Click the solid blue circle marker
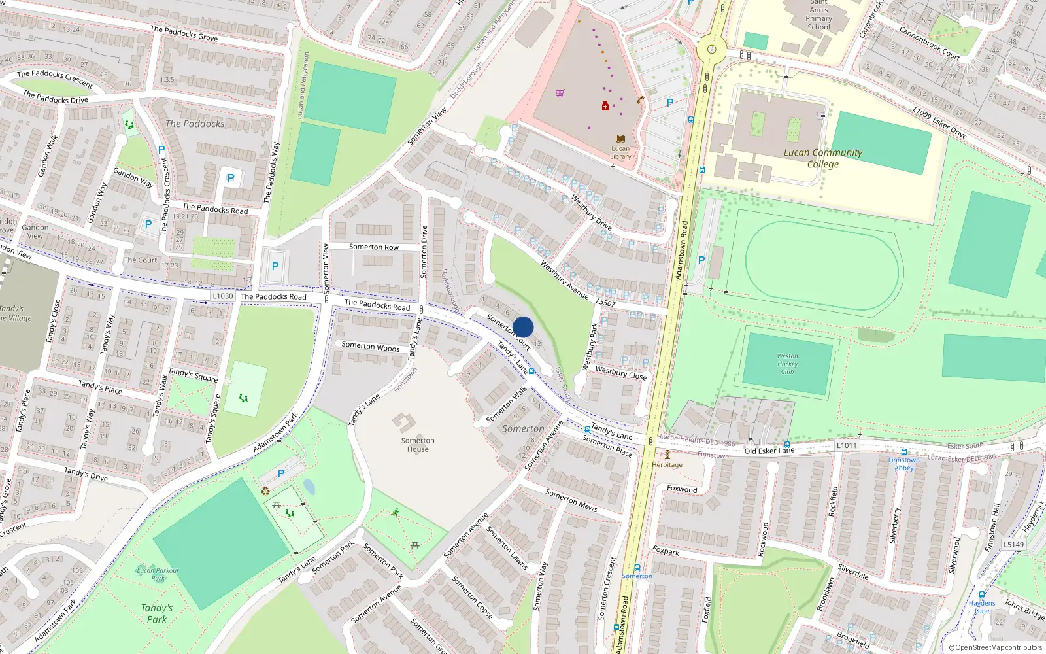(x=523, y=327)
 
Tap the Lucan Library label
(x=620, y=152)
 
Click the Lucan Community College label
(x=823, y=158)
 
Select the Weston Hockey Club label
(x=787, y=364)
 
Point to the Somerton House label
(x=418, y=445)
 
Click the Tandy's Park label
(x=157, y=613)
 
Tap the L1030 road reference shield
(x=222, y=296)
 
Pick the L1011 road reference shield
(x=847, y=445)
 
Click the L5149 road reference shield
(x=1013, y=544)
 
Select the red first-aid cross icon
(x=605, y=105)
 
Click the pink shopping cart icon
(x=560, y=93)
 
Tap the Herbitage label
(x=667, y=465)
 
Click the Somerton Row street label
(x=373, y=247)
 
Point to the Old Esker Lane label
(x=769, y=451)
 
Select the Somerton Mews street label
(x=571, y=500)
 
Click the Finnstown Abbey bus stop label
(x=903, y=464)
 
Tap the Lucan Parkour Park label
(x=158, y=574)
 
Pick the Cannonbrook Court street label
(x=929, y=43)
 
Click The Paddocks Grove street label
(x=184, y=33)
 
